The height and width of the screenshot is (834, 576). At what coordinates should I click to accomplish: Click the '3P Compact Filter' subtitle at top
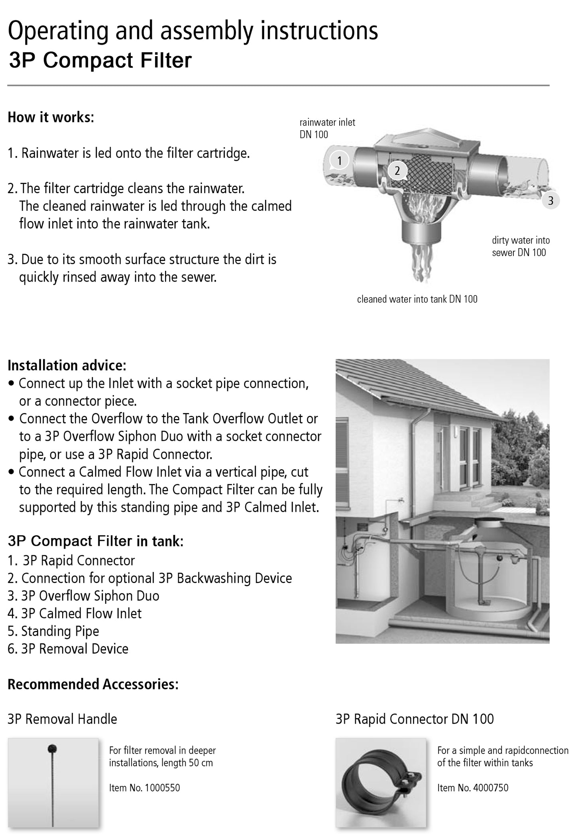click(100, 61)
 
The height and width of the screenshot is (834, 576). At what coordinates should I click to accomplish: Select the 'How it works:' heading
click(51, 117)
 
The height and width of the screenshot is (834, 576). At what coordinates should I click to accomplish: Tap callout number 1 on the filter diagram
click(339, 161)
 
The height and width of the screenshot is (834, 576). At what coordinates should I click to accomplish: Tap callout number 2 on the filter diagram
click(397, 171)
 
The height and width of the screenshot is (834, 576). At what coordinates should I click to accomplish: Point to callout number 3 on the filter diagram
click(550, 201)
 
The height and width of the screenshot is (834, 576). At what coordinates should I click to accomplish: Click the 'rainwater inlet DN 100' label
click(327, 128)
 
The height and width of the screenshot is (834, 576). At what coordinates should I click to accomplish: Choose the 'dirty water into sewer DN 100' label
click(521, 246)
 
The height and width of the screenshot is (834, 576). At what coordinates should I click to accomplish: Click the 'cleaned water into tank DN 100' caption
click(417, 299)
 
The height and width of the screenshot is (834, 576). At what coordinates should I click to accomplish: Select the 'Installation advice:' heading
click(67, 365)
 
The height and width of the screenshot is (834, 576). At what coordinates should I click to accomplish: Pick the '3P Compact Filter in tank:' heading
click(95, 541)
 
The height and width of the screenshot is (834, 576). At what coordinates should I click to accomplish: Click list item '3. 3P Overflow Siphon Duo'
click(83, 596)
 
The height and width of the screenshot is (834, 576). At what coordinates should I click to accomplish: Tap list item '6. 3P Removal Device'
click(68, 648)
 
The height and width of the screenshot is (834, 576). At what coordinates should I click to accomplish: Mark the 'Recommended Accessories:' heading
click(93, 684)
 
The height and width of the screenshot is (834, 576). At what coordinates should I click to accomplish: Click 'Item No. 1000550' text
click(144, 787)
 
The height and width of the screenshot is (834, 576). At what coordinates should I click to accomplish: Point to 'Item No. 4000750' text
click(473, 787)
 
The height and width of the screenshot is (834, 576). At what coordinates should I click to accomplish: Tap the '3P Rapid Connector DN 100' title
click(415, 719)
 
